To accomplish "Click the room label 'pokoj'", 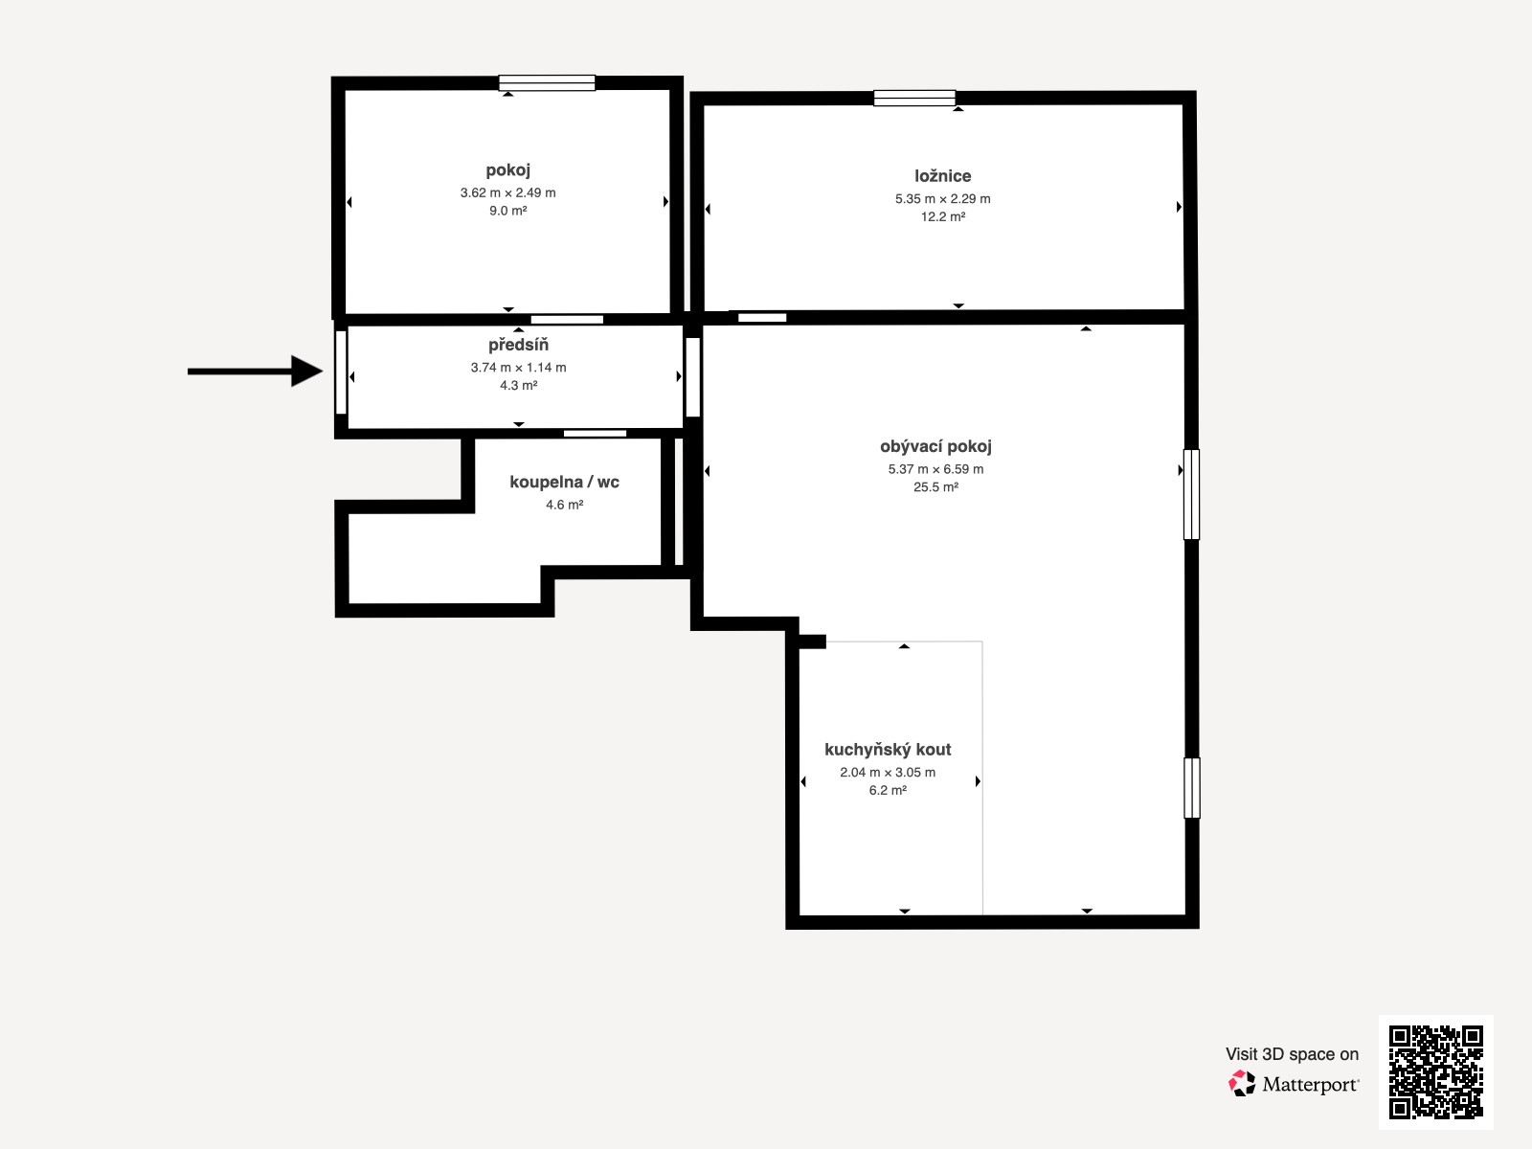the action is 508,171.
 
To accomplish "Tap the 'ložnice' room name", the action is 943,176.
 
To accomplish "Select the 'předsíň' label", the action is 519,345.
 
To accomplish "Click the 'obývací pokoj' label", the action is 935,447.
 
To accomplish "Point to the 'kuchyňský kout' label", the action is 888,750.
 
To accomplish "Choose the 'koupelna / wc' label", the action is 565,482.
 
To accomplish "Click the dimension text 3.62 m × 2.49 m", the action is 508,192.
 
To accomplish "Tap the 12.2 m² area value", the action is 943,217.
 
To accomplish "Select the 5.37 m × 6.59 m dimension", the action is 935,469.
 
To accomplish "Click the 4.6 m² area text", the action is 565,505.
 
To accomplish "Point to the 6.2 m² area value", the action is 888,791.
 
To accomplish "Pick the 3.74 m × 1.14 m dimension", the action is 519,368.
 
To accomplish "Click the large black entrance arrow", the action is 256,372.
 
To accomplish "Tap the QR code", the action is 1435,1071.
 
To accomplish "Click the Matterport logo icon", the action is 1242,1084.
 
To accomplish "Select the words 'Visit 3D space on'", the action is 1292,1054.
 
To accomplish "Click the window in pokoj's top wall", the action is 547,83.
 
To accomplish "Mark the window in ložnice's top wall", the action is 914,99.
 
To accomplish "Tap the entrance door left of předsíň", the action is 341,372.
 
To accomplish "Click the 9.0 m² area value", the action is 508,211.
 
